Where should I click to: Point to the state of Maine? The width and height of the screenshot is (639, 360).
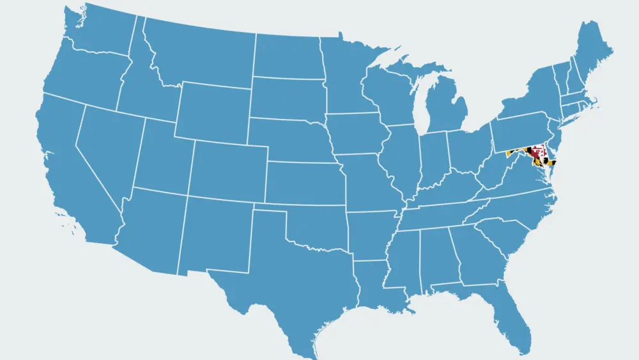coord(591,58)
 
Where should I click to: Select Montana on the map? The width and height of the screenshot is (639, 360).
coord(198,54)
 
